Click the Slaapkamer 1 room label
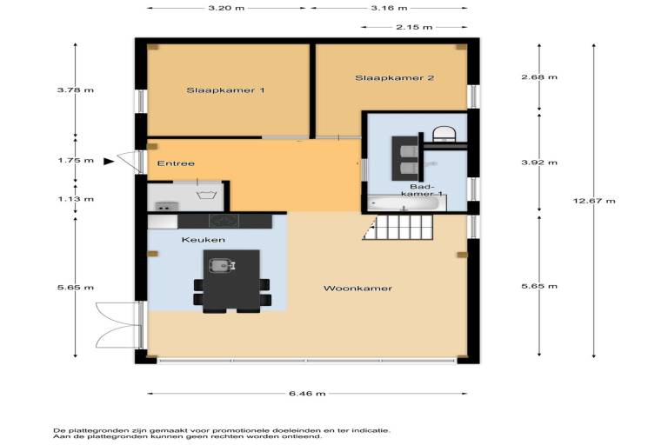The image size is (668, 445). tap(225, 90)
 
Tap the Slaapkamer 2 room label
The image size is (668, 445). tap(395, 78)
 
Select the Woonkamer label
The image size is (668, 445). tap(357, 289)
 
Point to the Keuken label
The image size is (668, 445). tap(204, 240)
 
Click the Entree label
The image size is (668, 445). tap(176, 163)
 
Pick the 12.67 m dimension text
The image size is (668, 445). tap(594, 201)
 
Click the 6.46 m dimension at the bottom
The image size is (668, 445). tap(307, 394)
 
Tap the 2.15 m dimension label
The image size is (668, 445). tap(414, 27)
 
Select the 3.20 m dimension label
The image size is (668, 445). tap(226, 8)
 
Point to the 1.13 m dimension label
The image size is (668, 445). tap(76, 199)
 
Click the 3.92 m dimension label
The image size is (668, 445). tap(539, 163)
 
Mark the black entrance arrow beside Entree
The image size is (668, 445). tap(109, 161)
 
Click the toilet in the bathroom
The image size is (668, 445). tap(444, 133)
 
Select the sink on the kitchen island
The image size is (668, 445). tap(222, 266)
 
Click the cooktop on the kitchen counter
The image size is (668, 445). tap(224, 221)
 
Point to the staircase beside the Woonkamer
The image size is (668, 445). tap(397, 227)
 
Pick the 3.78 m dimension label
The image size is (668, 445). tap(76, 90)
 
